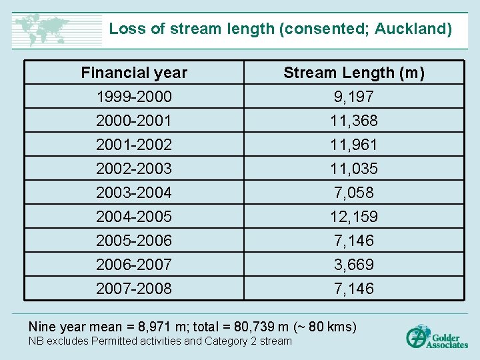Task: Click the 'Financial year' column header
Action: click(x=134, y=73)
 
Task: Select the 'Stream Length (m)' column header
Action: click(x=354, y=73)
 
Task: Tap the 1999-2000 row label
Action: click(x=134, y=97)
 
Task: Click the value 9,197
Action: click(x=354, y=97)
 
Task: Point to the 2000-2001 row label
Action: click(x=134, y=121)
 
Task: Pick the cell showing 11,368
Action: click(x=354, y=121)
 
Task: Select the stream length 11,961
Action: click(x=354, y=145)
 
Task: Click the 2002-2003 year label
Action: click(x=134, y=169)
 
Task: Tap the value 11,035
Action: click(x=354, y=169)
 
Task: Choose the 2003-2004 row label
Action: click(x=134, y=193)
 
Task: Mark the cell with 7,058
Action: click(x=354, y=193)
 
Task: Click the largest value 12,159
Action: click(x=354, y=217)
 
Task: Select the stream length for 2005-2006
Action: click(x=354, y=241)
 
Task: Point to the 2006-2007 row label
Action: click(x=134, y=265)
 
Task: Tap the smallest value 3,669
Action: click(x=354, y=265)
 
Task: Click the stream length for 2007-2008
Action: click(x=354, y=289)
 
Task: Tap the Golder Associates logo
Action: click(x=437, y=337)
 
